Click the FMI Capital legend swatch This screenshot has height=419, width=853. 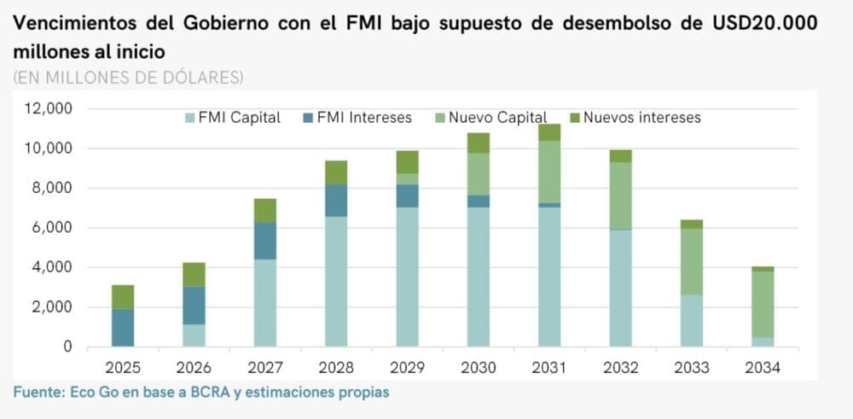pyautogui.click(x=189, y=118)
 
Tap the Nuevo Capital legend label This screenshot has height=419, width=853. pyautogui.click(x=497, y=118)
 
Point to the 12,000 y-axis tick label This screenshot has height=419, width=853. pyautogui.click(x=49, y=108)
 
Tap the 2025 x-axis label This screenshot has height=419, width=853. pyautogui.click(x=123, y=370)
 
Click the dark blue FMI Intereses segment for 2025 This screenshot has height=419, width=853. pyautogui.click(x=123, y=328)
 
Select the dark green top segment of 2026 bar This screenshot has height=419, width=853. pyautogui.click(x=194, y=274)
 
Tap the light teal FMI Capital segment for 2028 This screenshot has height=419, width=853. pyautogui.click(x=336, y=282)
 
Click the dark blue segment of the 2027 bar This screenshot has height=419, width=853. pyautogui.click(x=265, y=241)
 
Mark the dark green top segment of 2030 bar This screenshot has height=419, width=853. pyautogui.click(x=479, y=143)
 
